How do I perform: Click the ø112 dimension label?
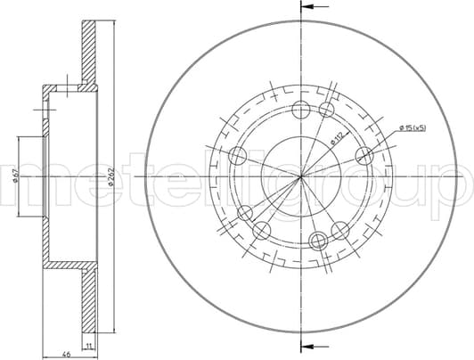coord(337,136)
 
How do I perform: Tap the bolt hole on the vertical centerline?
coord(301,110)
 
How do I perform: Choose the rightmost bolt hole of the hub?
coord(364,156)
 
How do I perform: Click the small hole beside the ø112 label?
coord(327,110)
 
